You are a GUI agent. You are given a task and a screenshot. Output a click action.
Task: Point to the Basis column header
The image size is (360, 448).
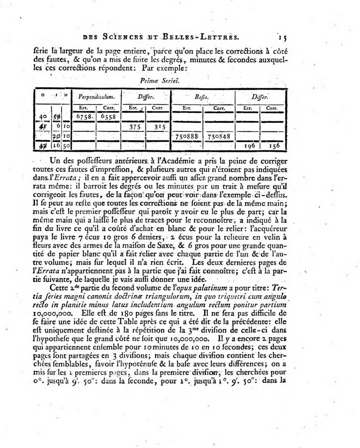pyautogui.click(x=200, y=96)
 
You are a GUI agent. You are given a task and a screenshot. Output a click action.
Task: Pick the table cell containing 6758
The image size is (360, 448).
pyautogui.click(x=86, y=116)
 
